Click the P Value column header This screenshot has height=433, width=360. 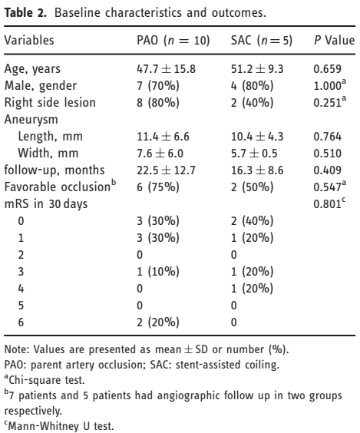point(334,41)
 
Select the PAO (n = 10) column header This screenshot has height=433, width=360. point(173,41)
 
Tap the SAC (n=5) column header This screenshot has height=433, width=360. point(262,41)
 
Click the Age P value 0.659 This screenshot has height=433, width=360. point(328,69)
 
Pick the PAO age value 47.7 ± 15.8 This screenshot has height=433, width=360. point(167,69)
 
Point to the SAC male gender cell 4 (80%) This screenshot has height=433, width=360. point(252,86)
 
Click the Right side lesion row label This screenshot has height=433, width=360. point(50,102)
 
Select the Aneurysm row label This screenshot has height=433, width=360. point(31,119)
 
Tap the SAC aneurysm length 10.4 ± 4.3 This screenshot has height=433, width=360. point(257,137)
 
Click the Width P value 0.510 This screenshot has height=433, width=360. point(328,154)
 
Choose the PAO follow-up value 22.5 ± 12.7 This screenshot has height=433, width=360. point(167,170)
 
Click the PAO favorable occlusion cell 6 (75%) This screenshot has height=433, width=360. point(158,187)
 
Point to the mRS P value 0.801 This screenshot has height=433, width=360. point(329,203)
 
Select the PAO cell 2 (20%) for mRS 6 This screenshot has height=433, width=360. point(158,322)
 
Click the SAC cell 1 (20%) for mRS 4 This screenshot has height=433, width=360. point(252,289)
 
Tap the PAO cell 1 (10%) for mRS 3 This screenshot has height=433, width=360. point(158,272)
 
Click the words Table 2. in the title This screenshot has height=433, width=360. point(25,13)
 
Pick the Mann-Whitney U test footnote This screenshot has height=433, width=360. point(59,425)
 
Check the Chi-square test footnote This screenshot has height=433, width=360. point(45,380)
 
